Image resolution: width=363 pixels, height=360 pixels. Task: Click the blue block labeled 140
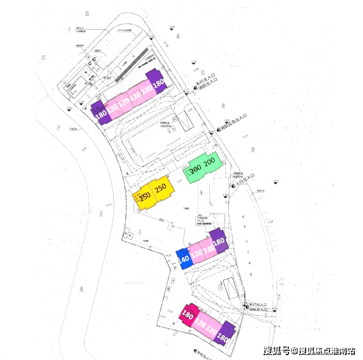[x=183, y=258]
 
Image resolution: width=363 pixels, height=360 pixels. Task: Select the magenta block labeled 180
[x=188, y=313]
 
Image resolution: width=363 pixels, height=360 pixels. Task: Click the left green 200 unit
[x=195, y=169]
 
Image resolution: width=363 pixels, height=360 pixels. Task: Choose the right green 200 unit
[x=210, y=162]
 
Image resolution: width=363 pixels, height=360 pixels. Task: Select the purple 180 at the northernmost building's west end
[x=100, y=113]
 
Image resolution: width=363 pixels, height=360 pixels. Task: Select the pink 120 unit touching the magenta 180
[x=200, y=323]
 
